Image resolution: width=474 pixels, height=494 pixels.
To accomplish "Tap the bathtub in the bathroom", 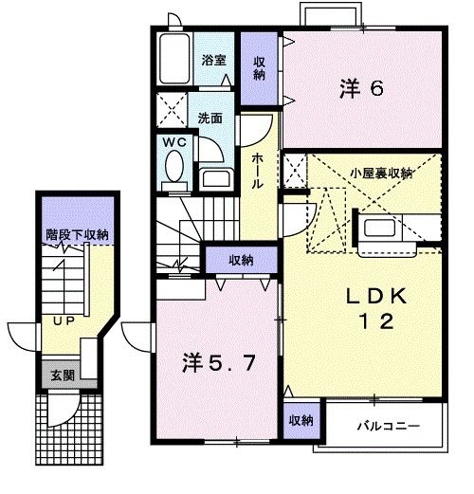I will (174, 60).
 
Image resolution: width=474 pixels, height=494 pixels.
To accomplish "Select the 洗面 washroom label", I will (210, 119).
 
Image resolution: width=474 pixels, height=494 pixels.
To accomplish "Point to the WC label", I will (173, 142).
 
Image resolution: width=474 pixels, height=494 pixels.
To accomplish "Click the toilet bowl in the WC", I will (174, 168).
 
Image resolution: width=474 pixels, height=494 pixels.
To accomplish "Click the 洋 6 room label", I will (360, 90).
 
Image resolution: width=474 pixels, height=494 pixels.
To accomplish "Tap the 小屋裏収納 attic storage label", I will (380, 173).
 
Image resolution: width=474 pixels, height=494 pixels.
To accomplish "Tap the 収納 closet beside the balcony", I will (300, 420).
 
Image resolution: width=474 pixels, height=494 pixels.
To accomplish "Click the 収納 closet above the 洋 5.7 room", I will (241, 260).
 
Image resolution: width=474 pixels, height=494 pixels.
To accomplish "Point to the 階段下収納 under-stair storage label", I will (76, 233).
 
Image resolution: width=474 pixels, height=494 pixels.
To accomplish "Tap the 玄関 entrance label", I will (58, 375).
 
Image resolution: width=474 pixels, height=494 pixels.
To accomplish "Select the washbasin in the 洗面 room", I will (215, 178).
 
